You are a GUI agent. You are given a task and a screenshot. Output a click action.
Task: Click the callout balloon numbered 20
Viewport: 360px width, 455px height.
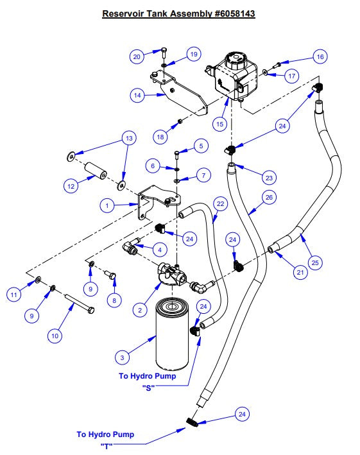(x=137, y=56)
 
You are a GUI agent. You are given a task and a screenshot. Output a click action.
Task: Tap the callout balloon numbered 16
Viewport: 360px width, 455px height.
(x=320, y=56)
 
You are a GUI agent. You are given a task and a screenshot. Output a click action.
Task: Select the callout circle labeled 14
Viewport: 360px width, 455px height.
(x=137, y=95)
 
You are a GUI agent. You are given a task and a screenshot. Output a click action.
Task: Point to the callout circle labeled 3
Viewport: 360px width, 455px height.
(x=122, y=357)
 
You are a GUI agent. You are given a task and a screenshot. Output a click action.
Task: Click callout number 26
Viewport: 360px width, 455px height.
(x=269, y=197)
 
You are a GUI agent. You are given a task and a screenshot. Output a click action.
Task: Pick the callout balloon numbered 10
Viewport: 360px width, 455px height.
(x=55, y=336)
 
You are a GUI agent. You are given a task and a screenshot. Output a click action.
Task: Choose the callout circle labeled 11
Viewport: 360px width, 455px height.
(x=14, y=295)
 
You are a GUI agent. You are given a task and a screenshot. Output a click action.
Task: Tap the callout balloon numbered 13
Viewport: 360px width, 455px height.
(x=129, y=138)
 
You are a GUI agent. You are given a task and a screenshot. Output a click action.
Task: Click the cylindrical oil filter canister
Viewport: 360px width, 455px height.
(x=173, y=334)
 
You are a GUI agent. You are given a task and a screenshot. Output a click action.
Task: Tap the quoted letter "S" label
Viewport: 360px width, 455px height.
(x=148, y=388)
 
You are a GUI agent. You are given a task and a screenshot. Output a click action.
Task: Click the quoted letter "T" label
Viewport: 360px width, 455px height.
(x=106, y=446)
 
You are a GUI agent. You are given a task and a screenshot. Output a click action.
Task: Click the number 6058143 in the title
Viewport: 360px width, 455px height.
(x=235, y=13)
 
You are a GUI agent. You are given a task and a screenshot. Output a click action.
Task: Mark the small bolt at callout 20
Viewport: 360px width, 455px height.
(x=164, y=53)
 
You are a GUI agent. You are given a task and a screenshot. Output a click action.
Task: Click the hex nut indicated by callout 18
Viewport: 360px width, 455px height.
(x=180, y=121)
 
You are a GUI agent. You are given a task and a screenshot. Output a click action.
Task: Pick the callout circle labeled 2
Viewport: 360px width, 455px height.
(x=140, y=310)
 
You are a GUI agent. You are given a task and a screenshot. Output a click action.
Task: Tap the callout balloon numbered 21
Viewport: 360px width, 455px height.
(x=300, y=272)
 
